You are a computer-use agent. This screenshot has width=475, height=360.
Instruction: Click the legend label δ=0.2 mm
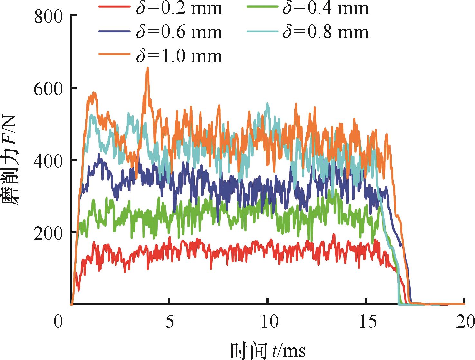click(x=179, y=8)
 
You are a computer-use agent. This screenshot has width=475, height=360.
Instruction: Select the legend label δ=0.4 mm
click(x=325, y=8)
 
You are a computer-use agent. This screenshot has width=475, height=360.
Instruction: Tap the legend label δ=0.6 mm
click(x=179, y=32)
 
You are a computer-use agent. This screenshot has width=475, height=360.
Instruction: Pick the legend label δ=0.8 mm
click(x=325, y=32)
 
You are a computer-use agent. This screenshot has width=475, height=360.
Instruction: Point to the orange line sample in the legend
click(x=115, y=56)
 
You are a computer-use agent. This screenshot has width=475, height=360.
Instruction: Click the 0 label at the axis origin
click(x=58, y=322)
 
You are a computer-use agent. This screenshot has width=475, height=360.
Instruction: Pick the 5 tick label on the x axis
click(x=169, y=322)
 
